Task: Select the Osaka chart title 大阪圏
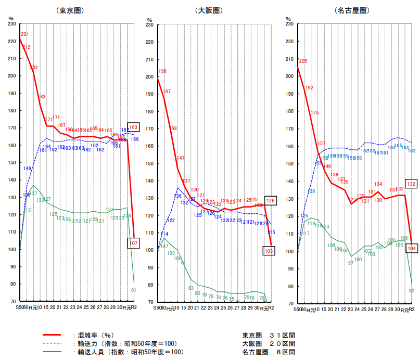tap(209, 10)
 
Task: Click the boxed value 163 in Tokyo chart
tap(133, 127)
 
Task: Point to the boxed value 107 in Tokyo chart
tap(133, 243)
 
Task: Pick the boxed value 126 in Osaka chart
tap(270, 200)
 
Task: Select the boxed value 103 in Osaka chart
tap(269, 251)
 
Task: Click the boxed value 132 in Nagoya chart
tap(411, 184)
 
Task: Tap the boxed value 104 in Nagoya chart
tap(411, 248)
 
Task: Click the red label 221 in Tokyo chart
tap(24, 34)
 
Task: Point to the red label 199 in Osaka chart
tap(162, 71)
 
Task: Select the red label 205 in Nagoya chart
tap(303, 61)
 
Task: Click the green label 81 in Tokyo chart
tap(134, 290)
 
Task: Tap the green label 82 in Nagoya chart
tap(411, 290)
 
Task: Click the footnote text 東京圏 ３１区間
tap(269, 336)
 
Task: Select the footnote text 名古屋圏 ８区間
tap(269, 352)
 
